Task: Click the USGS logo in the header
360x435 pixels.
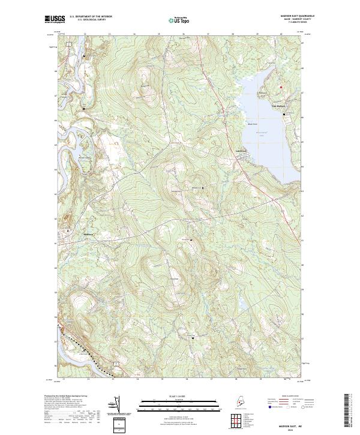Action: coord(53,20)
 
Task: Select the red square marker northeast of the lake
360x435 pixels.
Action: coord(281,87)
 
